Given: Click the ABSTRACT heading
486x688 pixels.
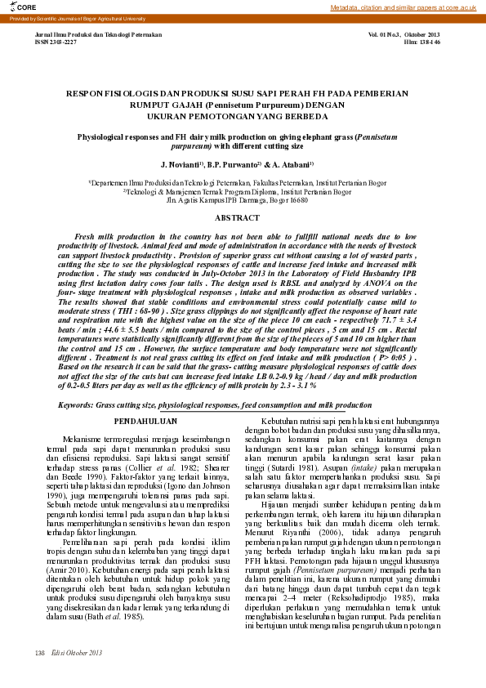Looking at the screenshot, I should click(243, 218).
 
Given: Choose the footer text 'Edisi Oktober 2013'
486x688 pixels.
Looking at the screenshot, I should click(77, 653).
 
